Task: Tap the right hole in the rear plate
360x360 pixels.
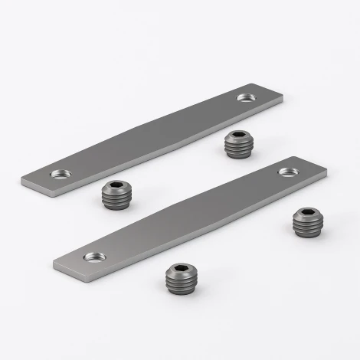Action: click(x=247, y=97)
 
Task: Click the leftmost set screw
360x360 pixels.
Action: click(x=115, y=195)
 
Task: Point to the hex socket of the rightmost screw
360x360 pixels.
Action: click(x=307, y=214)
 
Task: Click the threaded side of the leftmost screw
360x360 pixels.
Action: click(x=115, y=201)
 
